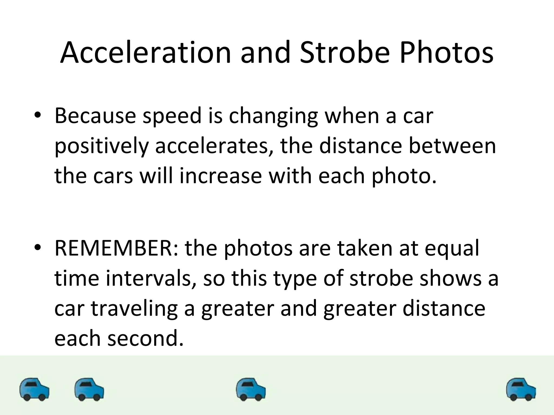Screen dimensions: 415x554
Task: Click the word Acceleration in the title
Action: click(146, 53)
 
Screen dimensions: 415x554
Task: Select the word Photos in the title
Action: click(446, 53)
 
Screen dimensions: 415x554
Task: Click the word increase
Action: click(220, 176)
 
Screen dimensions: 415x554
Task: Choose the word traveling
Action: click(134, 309)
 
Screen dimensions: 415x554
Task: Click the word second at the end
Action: click(146, 338)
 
